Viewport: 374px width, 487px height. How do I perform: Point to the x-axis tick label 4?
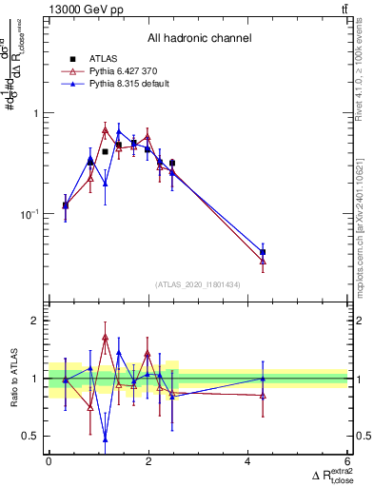(x=248, y=461)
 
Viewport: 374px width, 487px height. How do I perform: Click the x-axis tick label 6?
(x=348, y=461)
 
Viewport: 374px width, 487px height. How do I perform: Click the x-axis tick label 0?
(x=49, y=461)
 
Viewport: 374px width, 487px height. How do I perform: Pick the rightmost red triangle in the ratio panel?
(x=263, y=395)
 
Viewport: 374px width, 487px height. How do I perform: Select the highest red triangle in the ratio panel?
(x=105, y=337)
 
